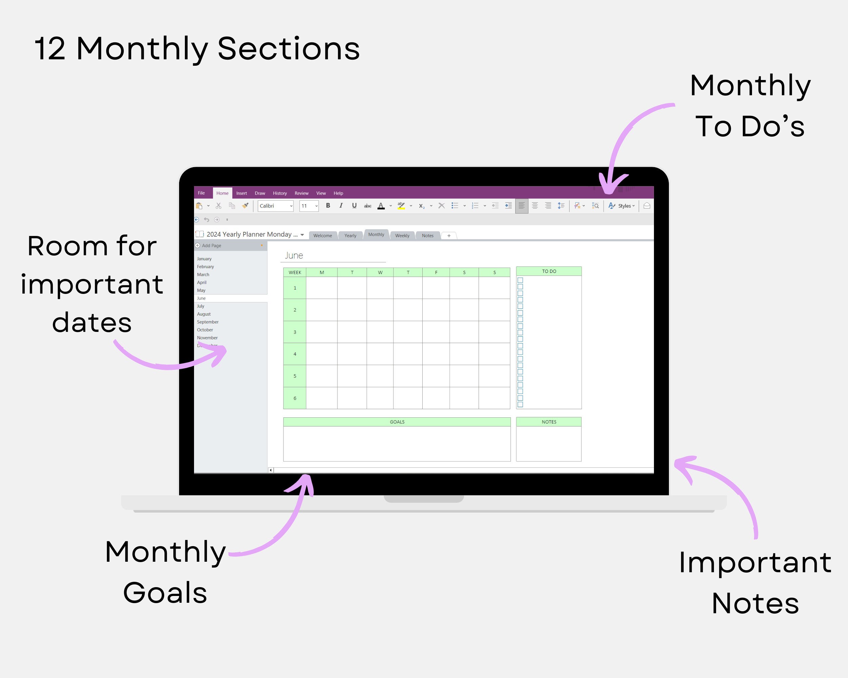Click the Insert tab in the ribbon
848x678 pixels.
point(242,193)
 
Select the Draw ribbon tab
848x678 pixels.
point(259,193)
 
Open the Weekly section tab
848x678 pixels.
point(402,235)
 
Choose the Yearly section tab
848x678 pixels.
point(350,235)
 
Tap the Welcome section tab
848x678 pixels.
point(323,235)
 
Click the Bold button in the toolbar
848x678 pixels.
point(328,205)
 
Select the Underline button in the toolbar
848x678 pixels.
point(354,205)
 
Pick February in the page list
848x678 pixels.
point(205,266)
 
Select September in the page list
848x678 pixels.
point(208,322)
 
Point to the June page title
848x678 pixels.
point(294,256)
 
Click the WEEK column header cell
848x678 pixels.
point(295,272)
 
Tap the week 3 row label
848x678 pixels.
point(295,332)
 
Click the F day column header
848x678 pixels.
point(436,272)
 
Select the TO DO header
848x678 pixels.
point(549,271)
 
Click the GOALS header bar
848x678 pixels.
point(397,422)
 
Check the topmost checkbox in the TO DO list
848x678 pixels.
point(520,280)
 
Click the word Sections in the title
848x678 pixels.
point(288,49)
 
